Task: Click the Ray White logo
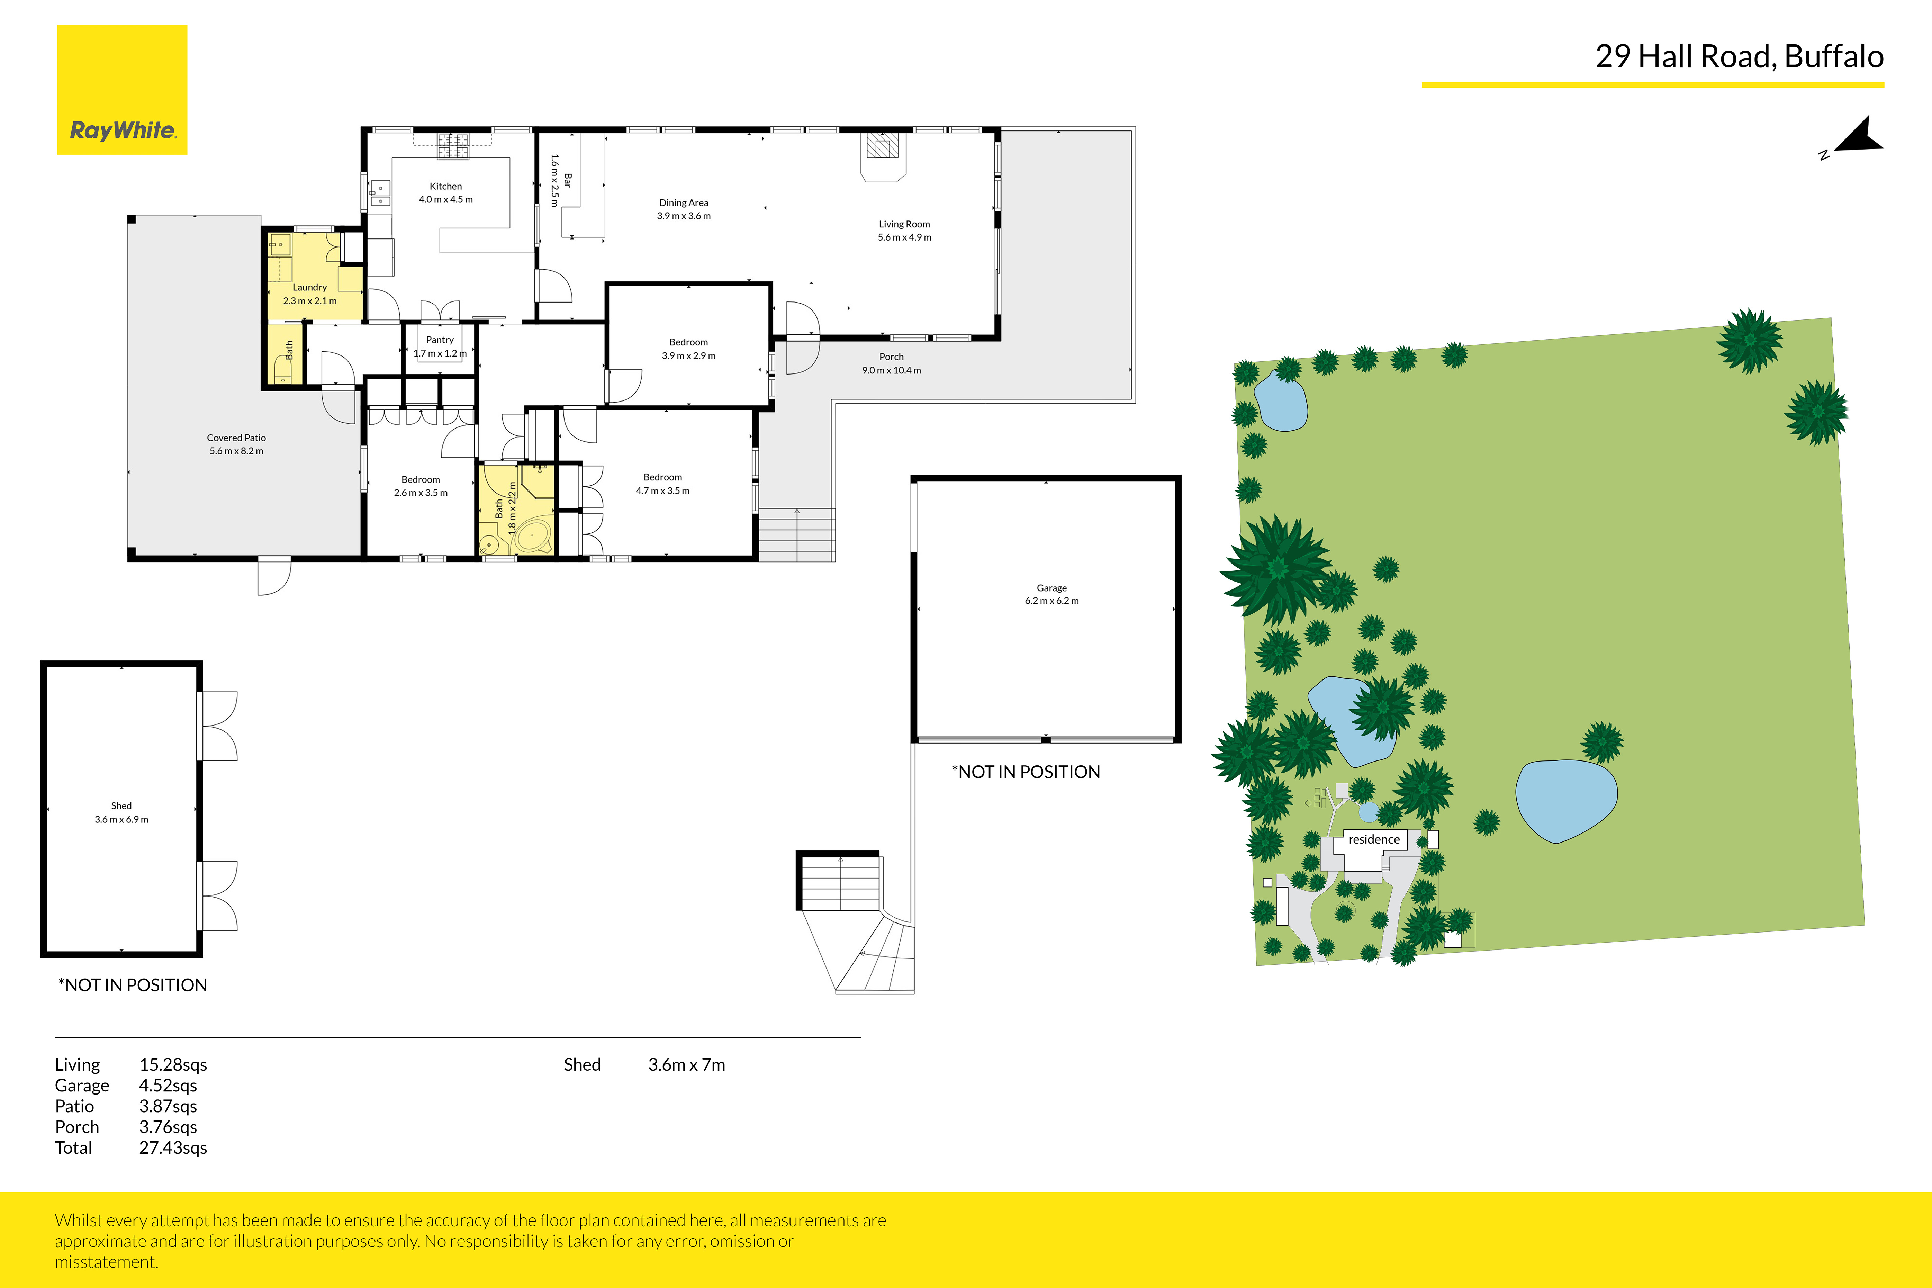click(x=121, y=90)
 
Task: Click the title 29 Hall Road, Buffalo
click(x=1739, y=57)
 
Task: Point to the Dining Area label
click(x=684, y=209)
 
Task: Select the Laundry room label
click(x=310, y=293)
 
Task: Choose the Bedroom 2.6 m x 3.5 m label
click(x=421, y=485)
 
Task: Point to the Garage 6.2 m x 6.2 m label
click(x=1051, y=594)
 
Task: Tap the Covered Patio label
click(x=237, y=443)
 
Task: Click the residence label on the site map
click(x=1373, y=839)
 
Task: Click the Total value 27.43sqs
click(x=172, y=1147)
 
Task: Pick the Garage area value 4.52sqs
click(x=168, y=1085)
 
